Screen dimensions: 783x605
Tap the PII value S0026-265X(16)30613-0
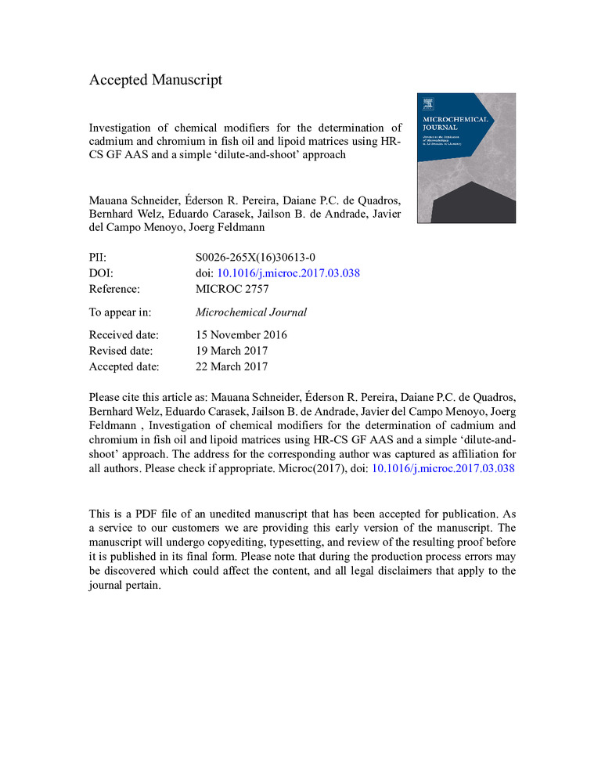pos(255,257)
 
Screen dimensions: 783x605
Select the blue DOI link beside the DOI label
pos(288,272)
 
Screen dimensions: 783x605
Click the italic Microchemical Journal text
pos(251,312)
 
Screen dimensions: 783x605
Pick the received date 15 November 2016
pos(242,335)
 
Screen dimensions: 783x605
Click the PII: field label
pos(99,257)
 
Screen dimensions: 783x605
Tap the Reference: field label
pos(114,288)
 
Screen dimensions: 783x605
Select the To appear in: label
pos(117,312)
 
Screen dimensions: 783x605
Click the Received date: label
pos(124,335)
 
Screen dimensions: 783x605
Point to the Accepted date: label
pos(124,366)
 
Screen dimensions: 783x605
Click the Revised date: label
pos(121,351)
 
